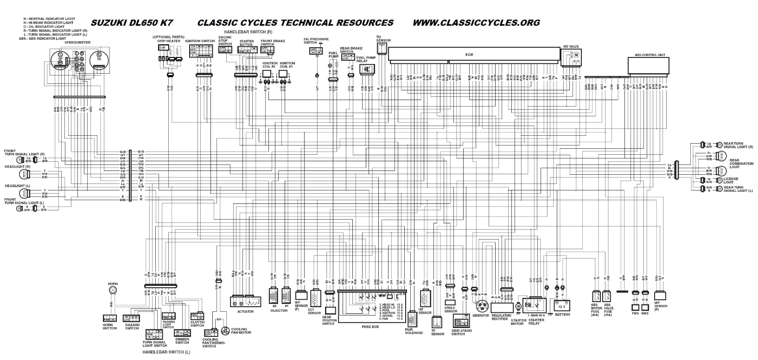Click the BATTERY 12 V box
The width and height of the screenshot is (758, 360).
pos(562,306)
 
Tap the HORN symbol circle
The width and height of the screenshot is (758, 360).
pos(112,290)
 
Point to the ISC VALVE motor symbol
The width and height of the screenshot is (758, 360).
pos(577,55)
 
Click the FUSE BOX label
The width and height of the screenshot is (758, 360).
pos(370,327)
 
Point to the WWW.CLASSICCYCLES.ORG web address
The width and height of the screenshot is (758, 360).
pos(476,22)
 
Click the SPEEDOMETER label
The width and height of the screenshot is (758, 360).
pos(77,42)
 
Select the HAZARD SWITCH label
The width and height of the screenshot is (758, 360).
pos(132,327)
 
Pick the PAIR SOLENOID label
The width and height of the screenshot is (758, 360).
pos(414,331)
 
